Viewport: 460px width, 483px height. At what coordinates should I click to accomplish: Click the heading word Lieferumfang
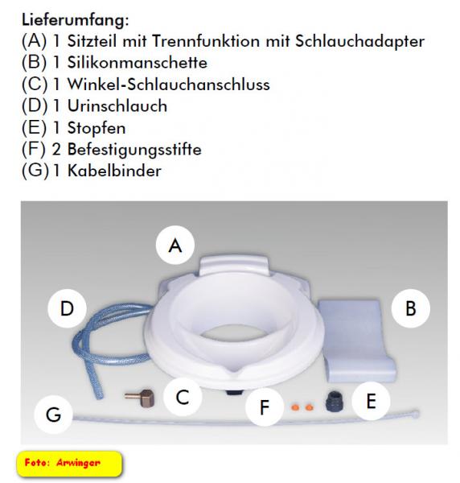[x=75, y=20]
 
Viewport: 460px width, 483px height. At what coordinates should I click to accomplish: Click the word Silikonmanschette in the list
[x=138, y=63]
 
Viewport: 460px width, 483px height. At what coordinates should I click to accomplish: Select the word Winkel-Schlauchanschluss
[x=169, y=85]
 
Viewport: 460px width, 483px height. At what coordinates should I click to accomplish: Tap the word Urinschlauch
[x=117, y=106]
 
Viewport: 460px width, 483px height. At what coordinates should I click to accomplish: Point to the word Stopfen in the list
[x=97, y=128]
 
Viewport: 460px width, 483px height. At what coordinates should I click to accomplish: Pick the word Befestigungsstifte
[x=134, y=150]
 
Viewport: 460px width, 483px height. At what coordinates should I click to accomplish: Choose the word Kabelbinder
[x=114, y=171]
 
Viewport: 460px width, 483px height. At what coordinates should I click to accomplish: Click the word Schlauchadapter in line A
[x=360, y=41]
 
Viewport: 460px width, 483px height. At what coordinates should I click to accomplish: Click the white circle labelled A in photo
[x=175, y=246]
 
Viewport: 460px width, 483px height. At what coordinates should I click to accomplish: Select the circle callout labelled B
[x=411, y=308]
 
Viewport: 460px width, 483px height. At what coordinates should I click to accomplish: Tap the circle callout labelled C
[x=183, y=397]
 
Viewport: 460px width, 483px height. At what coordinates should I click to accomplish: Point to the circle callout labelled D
[x=67, y=308]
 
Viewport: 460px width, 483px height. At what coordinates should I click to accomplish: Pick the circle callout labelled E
[x=371, y=401]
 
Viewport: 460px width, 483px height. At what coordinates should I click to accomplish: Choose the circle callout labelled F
[x=265, y=407]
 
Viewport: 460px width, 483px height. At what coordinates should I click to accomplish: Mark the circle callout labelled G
[x=54, y=415]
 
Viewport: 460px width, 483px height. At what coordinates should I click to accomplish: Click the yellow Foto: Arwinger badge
[x=69, y=464]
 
